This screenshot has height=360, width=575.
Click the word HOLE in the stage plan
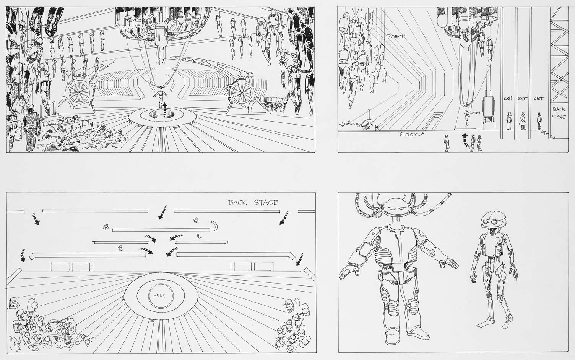coord(159,295)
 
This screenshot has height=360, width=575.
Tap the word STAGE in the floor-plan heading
coord(266,203)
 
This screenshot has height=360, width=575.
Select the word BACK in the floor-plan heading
coord(237,203)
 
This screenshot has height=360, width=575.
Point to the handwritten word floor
coord(409,134)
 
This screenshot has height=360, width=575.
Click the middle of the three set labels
coord(523,98)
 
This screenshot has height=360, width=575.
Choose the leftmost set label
coord(508,98)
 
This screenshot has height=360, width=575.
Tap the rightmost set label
coord(538,98)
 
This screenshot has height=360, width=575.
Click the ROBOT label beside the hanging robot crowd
coord(396,36)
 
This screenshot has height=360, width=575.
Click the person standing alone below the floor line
coord(447,143)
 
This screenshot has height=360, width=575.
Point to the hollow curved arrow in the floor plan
coord(214,225)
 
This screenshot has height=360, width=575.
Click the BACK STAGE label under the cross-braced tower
coord(559,113)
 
